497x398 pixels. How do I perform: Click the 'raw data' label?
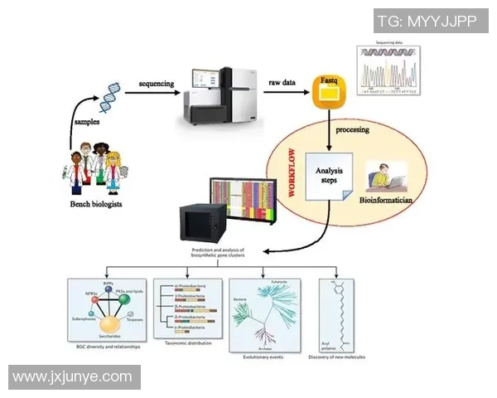[283, 84]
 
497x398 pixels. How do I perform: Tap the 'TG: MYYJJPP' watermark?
[427, 21]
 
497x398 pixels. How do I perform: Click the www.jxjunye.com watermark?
[73, 377]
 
